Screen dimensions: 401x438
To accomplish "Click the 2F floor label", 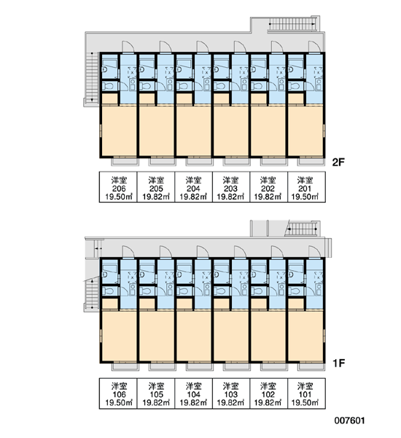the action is [338, 162].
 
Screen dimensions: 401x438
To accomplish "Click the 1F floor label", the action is [338, 363].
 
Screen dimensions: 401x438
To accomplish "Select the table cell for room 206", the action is [118, 187].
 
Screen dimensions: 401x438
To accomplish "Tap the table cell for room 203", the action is [231, 187].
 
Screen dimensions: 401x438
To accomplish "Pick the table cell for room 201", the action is [306, 187].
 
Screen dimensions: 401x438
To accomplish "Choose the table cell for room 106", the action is [118, 393].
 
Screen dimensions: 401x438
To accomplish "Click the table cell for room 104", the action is [193, 393].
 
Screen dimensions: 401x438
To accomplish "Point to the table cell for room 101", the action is [306, 393].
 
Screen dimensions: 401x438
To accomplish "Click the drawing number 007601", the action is [350, 420].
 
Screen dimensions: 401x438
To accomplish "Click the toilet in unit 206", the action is [107, 85].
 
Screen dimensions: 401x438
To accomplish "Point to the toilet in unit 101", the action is [294, 291].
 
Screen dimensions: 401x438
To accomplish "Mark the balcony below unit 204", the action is [200, 162].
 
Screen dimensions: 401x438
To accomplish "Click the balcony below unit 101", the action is [311, 366].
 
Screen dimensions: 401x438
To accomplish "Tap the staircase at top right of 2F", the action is [292, 24].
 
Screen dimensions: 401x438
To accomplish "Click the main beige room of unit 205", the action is [156, 131].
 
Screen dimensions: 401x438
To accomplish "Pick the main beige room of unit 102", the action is [268, 336].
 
